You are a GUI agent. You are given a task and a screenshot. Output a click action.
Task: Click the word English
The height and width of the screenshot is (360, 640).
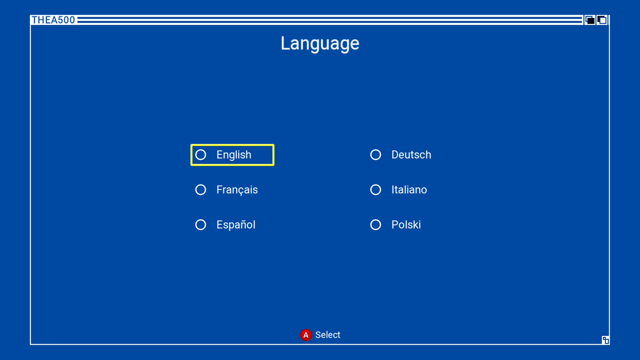[x=234, y=155]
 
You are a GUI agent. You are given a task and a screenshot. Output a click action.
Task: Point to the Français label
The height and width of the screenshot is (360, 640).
[x=237, y=190]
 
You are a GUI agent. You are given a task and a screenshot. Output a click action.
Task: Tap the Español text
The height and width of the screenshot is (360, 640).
[x=236, y=225]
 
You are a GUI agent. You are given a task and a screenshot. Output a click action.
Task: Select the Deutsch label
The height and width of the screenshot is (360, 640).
[x=411, y=155]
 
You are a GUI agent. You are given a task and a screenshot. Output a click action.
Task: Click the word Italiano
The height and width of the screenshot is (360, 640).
[x=409, y=190]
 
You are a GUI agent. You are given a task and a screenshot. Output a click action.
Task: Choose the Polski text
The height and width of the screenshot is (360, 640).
[x=406, y=225]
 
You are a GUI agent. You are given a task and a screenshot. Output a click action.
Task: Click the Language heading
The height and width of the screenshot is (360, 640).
[x=320, y=44]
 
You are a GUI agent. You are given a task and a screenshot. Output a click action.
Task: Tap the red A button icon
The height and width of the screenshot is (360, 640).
[x=306, y=335]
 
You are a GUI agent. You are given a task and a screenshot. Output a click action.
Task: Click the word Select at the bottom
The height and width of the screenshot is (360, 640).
[x=328, y=335]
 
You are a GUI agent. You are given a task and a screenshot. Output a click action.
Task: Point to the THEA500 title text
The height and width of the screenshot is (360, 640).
[x=53, y=20]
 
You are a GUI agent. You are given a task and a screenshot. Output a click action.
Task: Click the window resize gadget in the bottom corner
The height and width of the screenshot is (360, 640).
[x=606, y=340]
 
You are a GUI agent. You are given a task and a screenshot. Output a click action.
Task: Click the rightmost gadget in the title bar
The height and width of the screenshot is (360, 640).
[x=602, y=20]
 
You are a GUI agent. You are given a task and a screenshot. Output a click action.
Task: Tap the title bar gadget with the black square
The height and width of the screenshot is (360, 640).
[x=590, y=20]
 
